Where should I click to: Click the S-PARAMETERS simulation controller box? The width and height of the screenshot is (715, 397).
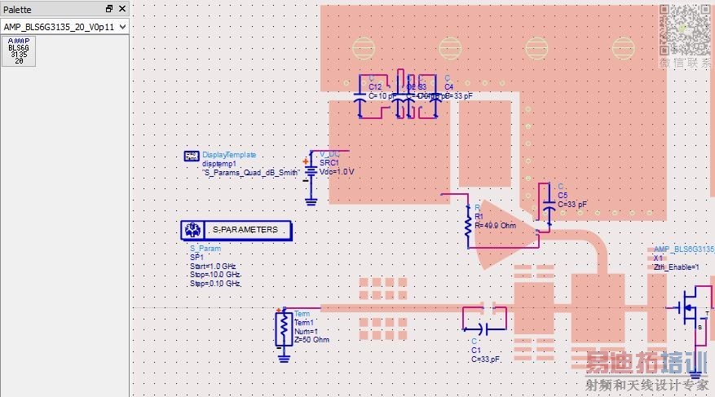click(235, 230)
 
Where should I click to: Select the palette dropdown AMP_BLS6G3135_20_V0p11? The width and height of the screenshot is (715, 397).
click(64, 27)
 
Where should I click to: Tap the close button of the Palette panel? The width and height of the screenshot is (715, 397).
click(122, 8)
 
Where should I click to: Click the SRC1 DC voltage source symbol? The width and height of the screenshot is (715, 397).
click(311, 170)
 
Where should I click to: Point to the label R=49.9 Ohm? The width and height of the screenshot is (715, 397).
click(495, 225)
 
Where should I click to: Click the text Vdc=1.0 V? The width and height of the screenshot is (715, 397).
click(337, 172)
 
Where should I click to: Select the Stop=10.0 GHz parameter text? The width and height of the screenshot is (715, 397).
click(215, 275)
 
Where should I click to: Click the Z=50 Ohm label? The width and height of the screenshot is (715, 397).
click(311, 339)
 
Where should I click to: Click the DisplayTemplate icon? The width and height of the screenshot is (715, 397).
click(192, 156)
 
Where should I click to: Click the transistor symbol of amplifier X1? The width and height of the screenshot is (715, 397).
click(691, 308)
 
